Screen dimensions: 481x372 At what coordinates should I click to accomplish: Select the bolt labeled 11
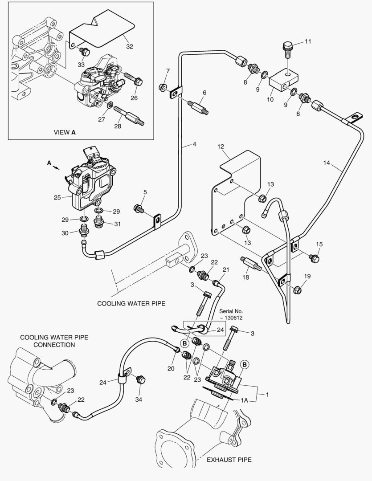click(x=287, y=50)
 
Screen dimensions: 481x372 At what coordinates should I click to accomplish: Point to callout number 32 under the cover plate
click(x=129, y=46)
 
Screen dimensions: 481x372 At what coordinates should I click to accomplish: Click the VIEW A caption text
click(x=64, y=132)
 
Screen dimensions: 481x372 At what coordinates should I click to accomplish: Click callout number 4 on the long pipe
click(x=194, y=144)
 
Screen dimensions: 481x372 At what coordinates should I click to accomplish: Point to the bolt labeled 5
click(x=140, y=208)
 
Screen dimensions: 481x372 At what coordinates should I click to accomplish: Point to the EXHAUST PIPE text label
click(x=229, y=459)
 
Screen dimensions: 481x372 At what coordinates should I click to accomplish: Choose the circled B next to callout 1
click(x=245, y=365)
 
